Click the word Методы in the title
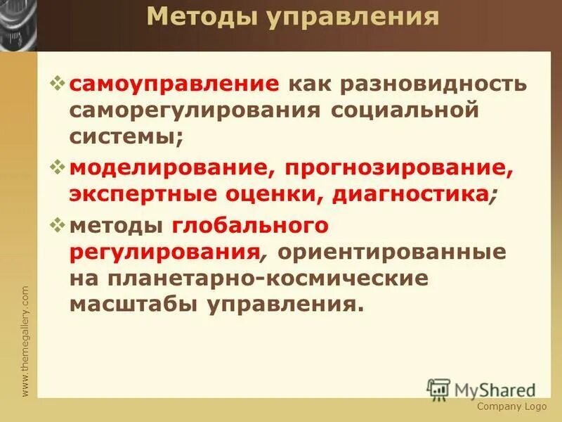[x=202, y=18]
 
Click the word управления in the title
[x=351, y=18]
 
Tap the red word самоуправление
[x=174, y=84]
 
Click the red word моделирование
[x=171, y=167]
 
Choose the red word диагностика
[x=406, y=194]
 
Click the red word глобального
[x=249, y=225]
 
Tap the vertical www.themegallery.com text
[x=25, y=340]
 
